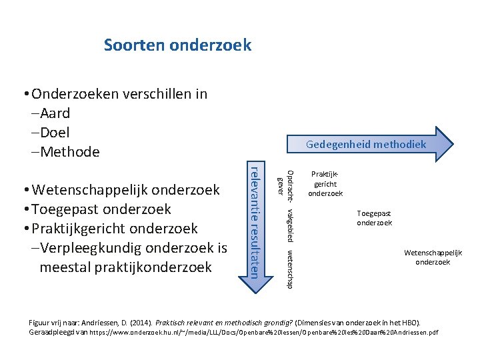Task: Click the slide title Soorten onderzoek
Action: [177, 45]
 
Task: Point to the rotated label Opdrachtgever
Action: [284, 179]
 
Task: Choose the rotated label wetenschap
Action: [289, 269]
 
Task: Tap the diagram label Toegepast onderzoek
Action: [374, 218]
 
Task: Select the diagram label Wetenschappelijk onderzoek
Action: [433, 257]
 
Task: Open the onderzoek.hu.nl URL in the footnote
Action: [264, 332]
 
